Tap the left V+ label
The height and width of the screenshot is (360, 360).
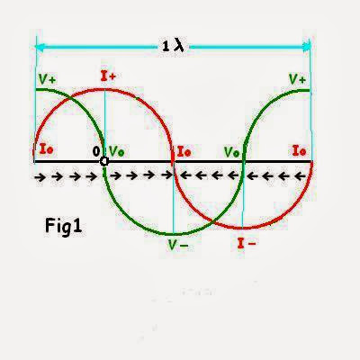click(x=47, y=79)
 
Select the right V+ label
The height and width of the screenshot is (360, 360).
click(x=297, y=79)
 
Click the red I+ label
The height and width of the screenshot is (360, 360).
click(x=108, y=76)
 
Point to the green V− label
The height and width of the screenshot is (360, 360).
click(x=178, y=246)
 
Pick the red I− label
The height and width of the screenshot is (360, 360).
click(x=247, y=243)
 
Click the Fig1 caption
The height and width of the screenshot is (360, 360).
click(x=63, y=226)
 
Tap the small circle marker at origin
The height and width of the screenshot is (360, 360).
click(x=104, y=162)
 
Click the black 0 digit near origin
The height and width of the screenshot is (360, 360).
click(x=96, y=152)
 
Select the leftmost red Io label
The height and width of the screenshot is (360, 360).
click(x=47, y=148)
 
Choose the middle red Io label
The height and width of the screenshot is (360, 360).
click(x=184, y=151)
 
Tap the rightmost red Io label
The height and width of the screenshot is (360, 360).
click(x=300, y=150)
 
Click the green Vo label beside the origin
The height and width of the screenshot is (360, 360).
click(x=116, y=151)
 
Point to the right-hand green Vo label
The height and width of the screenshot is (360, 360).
click(x=232, y=152)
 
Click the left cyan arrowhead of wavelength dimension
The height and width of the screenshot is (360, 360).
click(x=40, y=47)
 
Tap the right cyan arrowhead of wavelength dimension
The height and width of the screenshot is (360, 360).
click(x=306, y=47)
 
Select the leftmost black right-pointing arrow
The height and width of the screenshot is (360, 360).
click(x=40, y=177)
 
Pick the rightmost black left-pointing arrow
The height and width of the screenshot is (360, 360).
click(x=300, y=176)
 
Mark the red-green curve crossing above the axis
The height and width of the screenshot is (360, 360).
click(x=70, y=98)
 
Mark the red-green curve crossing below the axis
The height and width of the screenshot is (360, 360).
click(x=212, y=222)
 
